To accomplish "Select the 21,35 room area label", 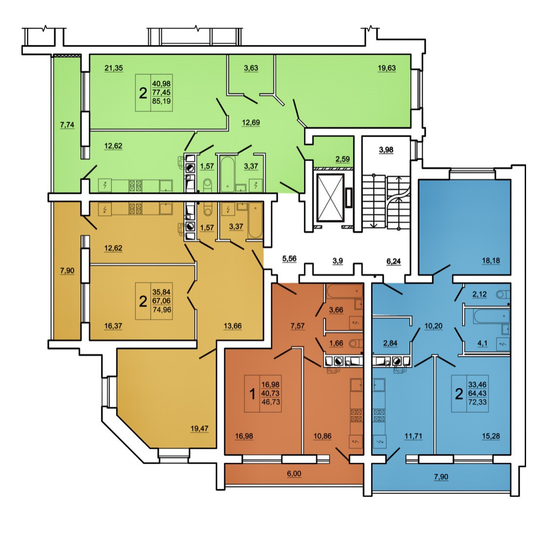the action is pos(114,68).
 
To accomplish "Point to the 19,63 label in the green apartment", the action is pos(387,68).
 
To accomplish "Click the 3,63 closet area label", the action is pos(251,68).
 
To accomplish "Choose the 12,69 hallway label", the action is pos(251,122).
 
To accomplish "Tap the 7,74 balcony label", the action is pos(67,125).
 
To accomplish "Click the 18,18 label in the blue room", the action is pos(490,261).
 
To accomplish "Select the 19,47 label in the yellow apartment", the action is pos(199,429).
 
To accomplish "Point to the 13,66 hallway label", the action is pos(232,326).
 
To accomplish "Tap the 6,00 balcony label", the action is pos(294,473).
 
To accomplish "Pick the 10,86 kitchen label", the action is pos(322,436).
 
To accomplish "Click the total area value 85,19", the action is pos(162,102).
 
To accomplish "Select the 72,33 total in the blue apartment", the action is pos(477,402).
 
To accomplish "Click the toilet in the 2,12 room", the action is pos(502,294).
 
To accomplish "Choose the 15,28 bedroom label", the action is pos(490,436).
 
